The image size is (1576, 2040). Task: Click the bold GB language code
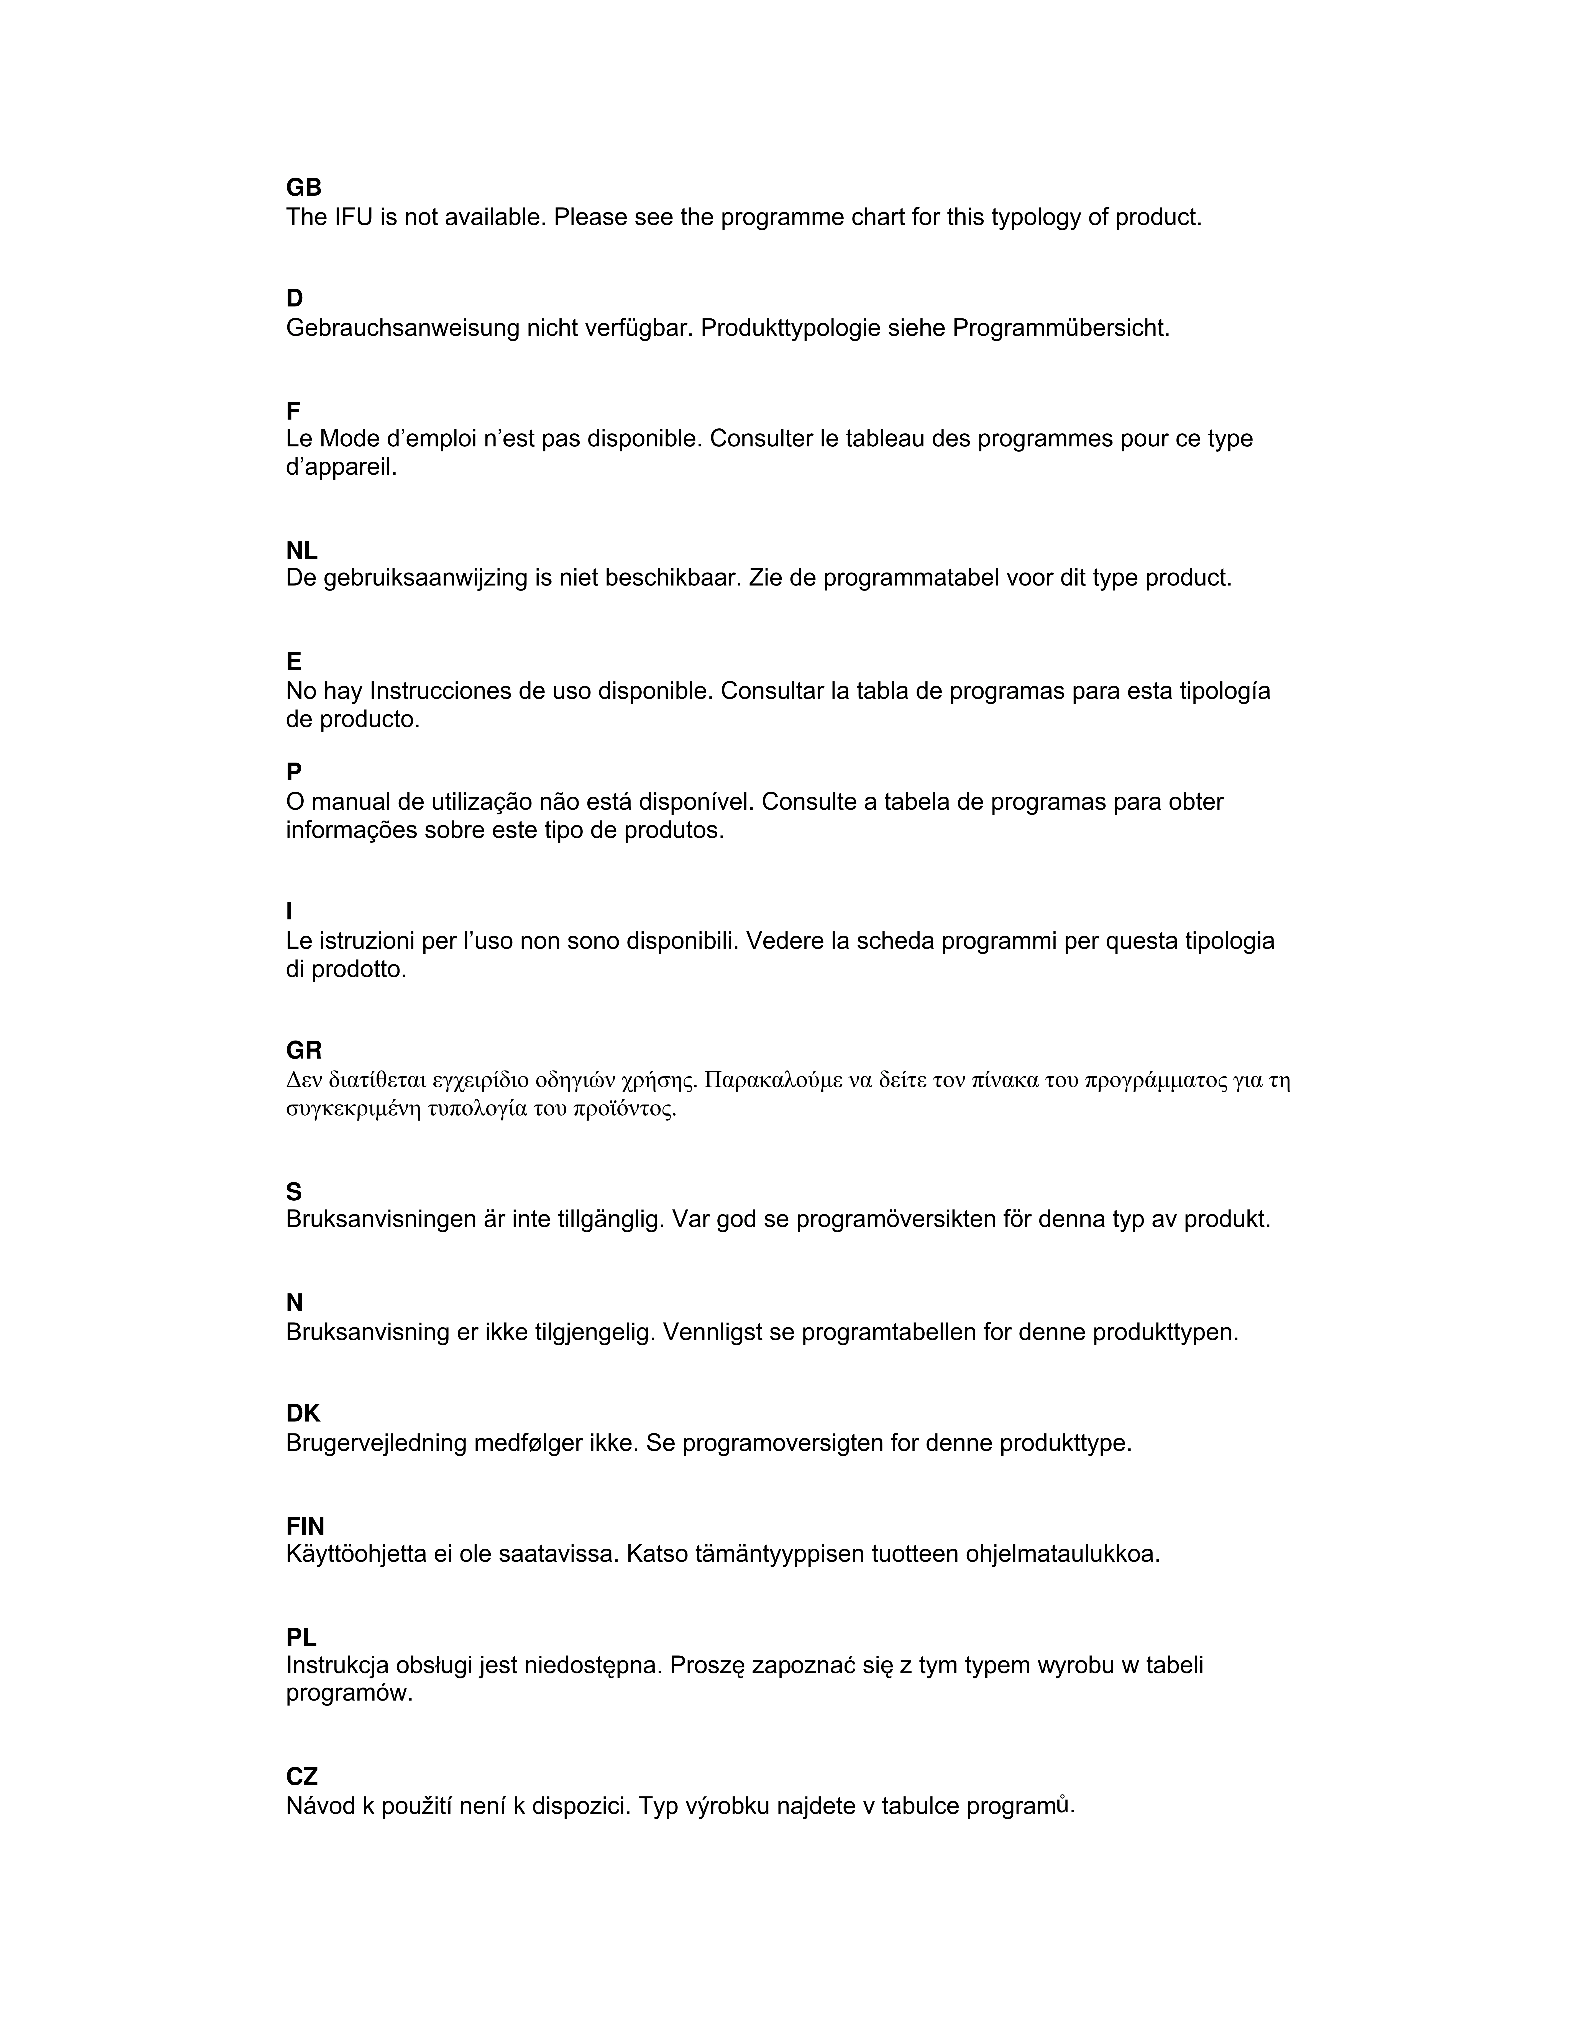click(304, 188)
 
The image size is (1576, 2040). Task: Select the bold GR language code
click(304, 1051)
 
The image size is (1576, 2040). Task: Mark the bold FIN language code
click(306, 1526)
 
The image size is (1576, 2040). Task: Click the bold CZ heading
click(302, 1776)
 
